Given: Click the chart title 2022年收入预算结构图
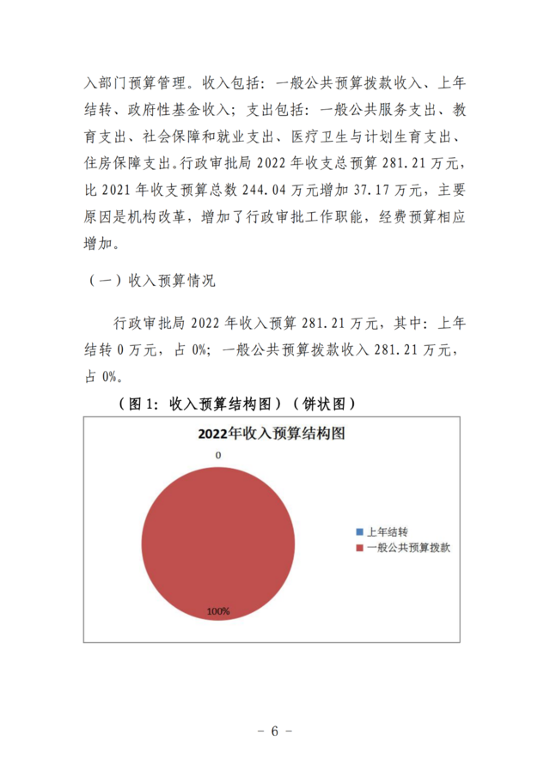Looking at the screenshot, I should click(271, 434).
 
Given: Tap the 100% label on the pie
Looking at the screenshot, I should click(217, 611).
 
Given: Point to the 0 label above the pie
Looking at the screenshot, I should click(218, 454).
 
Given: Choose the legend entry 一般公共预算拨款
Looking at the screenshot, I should click(407, 547).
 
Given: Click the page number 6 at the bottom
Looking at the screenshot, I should click(275, 731).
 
